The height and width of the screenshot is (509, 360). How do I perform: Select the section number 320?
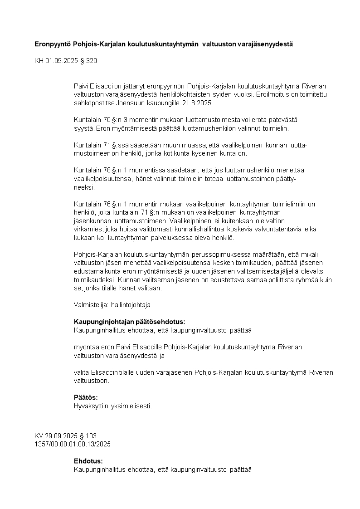click(92, 61)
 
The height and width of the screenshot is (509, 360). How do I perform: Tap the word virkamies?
click(88, 229)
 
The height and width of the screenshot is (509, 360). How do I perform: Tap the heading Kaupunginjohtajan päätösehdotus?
click(130, 322)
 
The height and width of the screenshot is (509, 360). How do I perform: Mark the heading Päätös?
click(86, 397)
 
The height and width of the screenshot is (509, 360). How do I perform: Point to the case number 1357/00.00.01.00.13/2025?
click(73, 444)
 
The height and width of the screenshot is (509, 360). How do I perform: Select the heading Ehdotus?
click(88, 461)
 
